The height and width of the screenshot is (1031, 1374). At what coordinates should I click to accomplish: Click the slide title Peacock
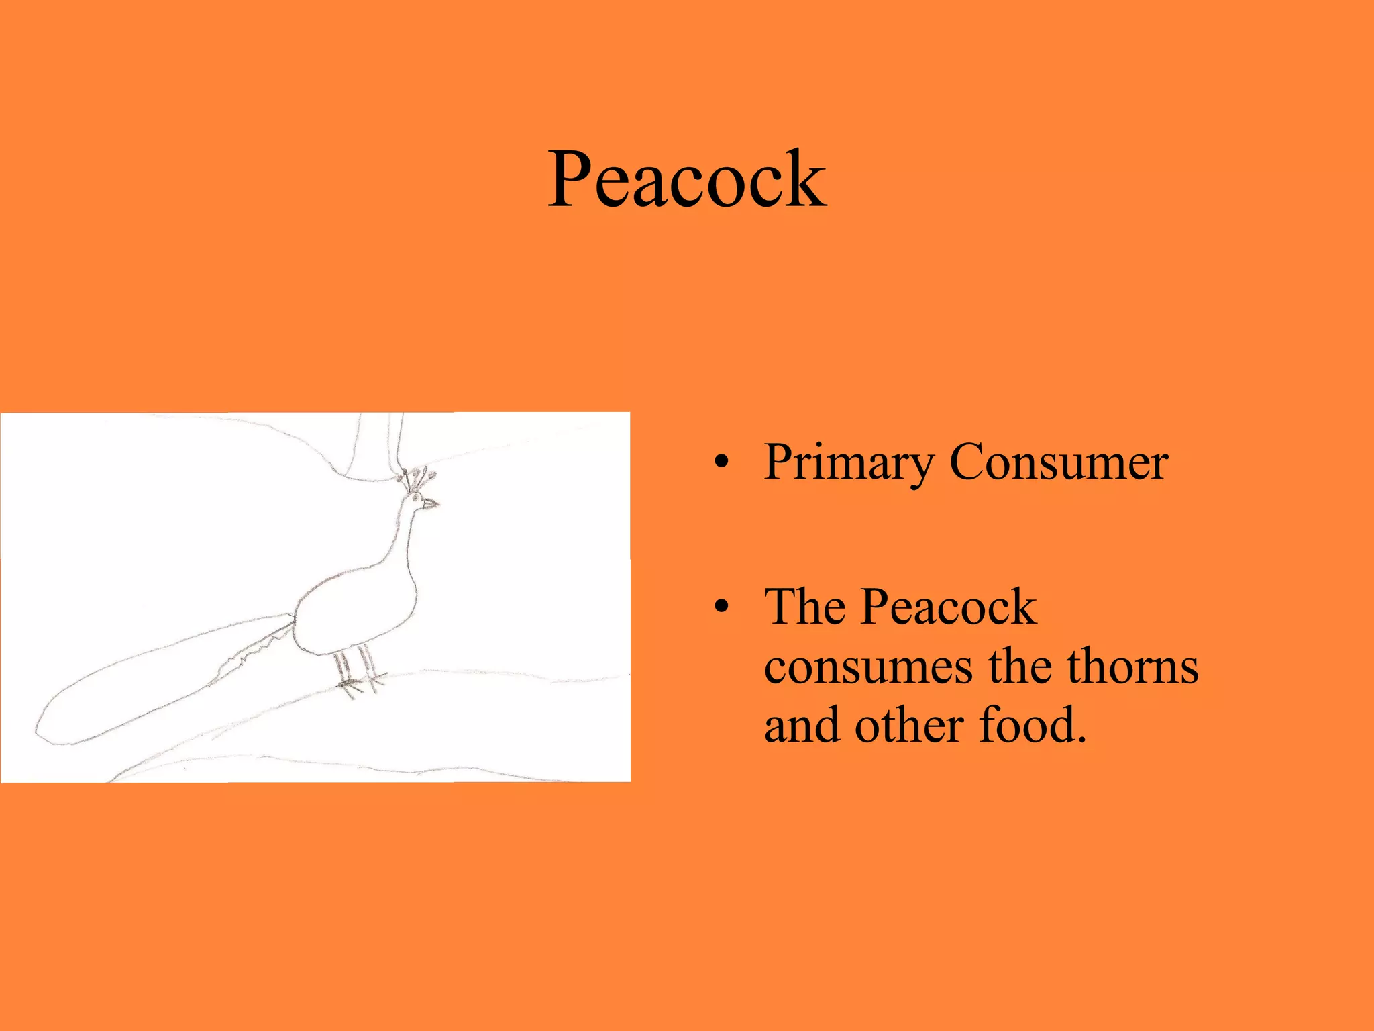tap(687, 180)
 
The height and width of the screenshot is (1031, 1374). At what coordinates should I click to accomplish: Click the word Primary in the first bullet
tap(848, 463)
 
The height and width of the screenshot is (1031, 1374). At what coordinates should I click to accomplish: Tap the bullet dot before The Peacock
tap(721, 607)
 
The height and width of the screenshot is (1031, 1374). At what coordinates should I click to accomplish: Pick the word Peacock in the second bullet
tap(949, 607)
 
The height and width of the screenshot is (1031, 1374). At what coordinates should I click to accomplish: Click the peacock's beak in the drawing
tap(431, 503)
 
